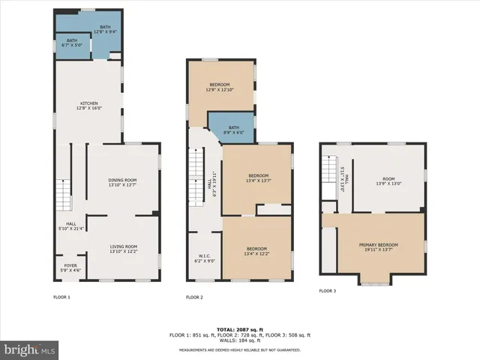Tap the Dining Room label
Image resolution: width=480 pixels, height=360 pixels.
coord(122,182)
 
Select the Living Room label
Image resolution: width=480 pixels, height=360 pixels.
coord(122,249)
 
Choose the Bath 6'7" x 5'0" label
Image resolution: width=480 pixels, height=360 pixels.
coord(72,43)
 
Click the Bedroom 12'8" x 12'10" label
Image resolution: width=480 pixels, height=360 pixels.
coord(220,87)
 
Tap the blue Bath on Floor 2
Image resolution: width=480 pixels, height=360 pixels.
coord(234,129)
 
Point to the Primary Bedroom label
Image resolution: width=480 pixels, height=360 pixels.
coord(378,247)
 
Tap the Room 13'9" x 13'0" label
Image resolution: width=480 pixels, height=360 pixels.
coord(388,181)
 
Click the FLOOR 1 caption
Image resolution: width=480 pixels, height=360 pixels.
coord(61,297)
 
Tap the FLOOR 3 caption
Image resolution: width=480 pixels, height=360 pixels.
coord(327,290)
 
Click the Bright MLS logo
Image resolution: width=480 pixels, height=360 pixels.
coord(30,349)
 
